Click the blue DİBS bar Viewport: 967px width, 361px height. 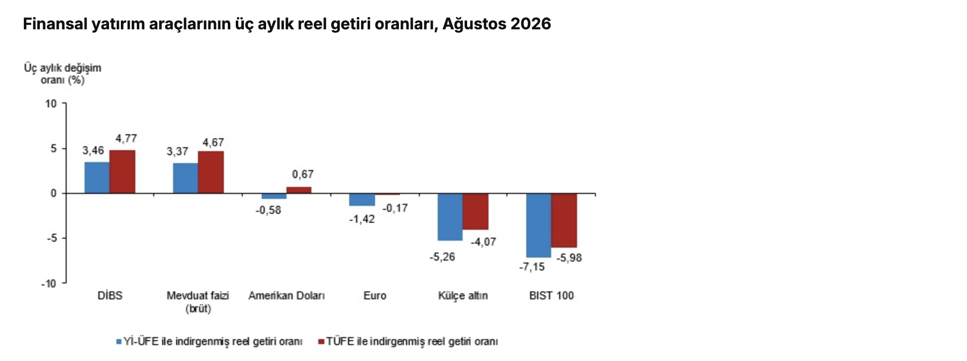click(97, 178)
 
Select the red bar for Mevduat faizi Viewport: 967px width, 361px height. click(211, 172)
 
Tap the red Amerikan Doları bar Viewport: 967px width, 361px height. click(299, 190)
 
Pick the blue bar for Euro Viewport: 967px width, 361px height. click(362, 199)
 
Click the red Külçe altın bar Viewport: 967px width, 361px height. click(476, 211)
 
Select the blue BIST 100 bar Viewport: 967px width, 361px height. click(539, 225)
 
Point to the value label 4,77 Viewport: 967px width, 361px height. click(126, 138)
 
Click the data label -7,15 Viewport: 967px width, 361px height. click(532, 267)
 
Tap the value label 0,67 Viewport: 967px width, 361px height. click(303, 175)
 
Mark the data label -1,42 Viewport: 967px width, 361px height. click(362, 219)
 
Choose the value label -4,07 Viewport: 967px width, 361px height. click(483, 242)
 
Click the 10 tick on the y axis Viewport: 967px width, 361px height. click(51, 103)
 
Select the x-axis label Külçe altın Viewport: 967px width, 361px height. click(463, 295)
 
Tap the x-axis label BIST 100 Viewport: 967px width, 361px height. click(552, 295)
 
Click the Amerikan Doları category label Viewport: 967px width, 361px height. click(287, 295)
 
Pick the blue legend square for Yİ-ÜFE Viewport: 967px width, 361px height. click(119, 342)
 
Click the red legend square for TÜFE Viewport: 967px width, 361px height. click(321, 342)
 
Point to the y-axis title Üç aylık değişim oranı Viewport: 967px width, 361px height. click(63, 74)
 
